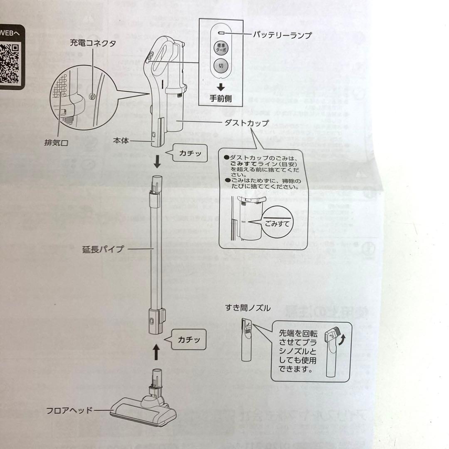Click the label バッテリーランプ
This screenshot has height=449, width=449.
click(282, 35)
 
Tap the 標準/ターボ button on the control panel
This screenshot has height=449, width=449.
click(220, 48)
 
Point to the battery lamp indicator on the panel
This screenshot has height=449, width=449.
click(221, 32)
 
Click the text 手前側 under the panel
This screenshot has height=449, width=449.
click(221, 99)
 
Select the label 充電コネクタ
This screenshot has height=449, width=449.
click(92, 43)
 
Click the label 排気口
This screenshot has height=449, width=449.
click(56, 143)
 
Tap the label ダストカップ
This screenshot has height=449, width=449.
click(246, 123)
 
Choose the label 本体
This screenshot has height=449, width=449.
click(120, 141)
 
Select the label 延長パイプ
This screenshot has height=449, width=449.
click(103, 249)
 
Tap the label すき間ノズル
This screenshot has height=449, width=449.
click(248, 308)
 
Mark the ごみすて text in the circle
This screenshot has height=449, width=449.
click(278, 222)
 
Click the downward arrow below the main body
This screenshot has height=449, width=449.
click(157, 162)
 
